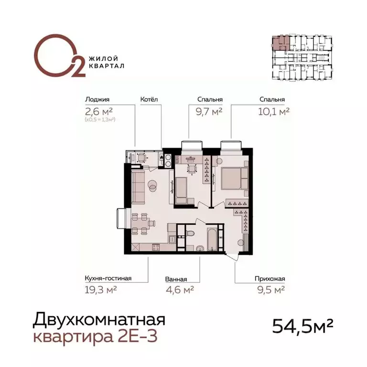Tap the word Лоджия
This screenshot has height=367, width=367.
(x=96, y=100)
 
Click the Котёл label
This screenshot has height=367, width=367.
(x=149, y=100)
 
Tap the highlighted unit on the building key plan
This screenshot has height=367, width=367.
(x=280, y=43)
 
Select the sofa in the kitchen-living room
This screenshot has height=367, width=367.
(x=138, y=188)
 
